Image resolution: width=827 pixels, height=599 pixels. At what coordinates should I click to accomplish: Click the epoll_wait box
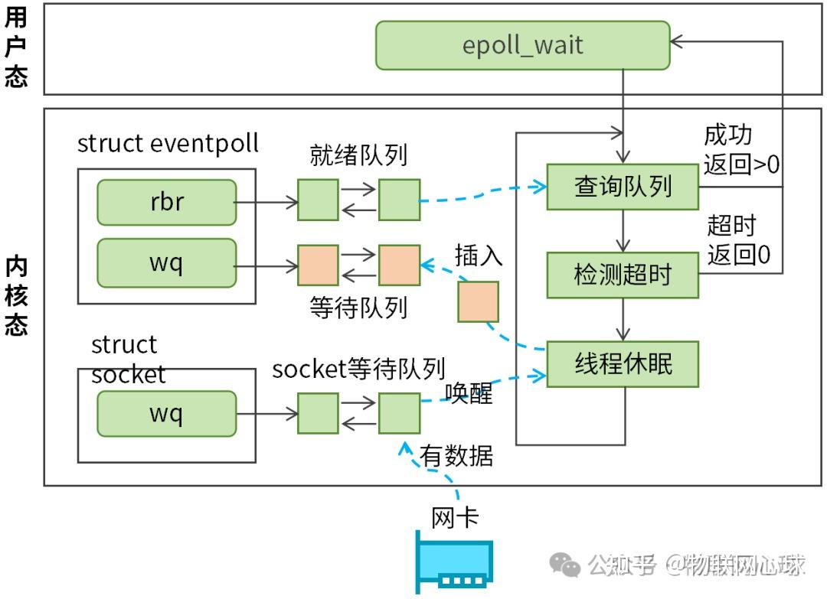[522, 45]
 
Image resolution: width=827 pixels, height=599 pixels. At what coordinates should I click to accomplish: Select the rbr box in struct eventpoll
[166, 203]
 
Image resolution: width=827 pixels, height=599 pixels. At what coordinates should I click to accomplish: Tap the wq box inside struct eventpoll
[166, 262]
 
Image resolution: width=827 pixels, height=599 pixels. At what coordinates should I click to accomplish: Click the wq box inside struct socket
[166, 414]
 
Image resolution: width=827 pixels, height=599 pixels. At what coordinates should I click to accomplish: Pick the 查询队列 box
[623, 187]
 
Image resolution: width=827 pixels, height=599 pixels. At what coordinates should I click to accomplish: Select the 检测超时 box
[623, 275]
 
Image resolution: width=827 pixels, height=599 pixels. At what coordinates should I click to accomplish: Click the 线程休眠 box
[623, 364]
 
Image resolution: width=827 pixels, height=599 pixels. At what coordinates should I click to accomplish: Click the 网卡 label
[455, 517]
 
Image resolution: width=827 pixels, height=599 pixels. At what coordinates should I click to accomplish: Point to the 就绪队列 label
[358, 155]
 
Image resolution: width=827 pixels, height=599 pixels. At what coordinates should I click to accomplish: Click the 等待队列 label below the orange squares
[358, 308]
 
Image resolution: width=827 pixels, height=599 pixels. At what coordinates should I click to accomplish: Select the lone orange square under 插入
[478, 301]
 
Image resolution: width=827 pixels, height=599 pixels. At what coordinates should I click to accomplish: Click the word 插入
[479, 255]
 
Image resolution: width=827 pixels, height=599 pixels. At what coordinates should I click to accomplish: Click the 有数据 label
[456, 456]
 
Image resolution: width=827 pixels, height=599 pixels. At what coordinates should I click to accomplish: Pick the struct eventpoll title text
[168, 143]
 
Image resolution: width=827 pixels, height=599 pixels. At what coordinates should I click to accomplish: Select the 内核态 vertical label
[16, 298]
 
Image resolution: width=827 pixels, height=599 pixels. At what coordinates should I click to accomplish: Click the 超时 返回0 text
[737, 239]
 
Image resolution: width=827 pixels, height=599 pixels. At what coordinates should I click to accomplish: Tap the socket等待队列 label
[358, 369]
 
